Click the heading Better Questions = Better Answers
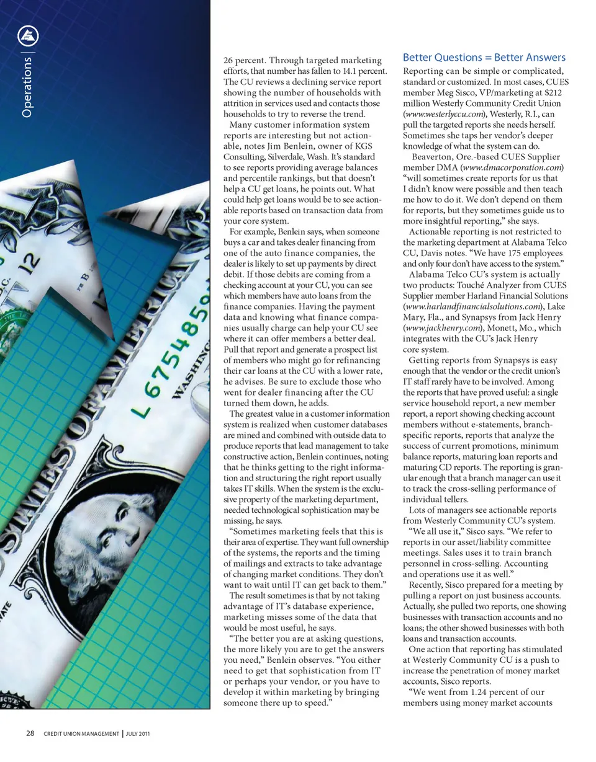click(484, 58)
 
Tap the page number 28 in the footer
click(30, 733)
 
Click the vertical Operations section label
click(27, 87)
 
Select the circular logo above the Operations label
click(27, 38)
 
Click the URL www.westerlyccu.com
click(440, 115)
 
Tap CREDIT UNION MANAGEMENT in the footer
click(81, 734)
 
